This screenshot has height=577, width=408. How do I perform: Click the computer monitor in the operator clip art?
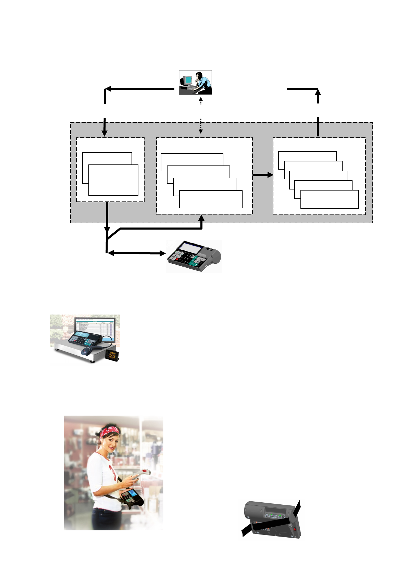(187, 80)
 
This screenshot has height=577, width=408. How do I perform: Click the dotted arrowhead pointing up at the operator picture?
(201, 99)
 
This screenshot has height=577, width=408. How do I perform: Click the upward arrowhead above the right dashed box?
(318, 92)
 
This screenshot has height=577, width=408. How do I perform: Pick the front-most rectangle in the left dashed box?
(113, 180)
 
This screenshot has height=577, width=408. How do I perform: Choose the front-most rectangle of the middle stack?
(211, 199)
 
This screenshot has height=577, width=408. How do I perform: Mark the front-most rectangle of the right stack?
(329, 199)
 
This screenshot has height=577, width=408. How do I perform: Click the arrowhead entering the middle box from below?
(201, 218)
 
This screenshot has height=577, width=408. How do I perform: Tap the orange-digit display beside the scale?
(112, 355)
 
